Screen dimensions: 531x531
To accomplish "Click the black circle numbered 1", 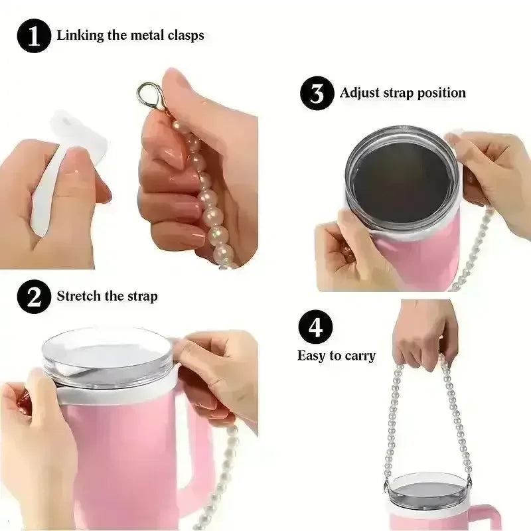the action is point(34,36).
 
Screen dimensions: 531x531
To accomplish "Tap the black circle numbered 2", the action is point(34,296).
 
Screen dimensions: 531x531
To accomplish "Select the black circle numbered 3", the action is point(317,93).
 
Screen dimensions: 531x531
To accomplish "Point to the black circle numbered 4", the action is point(315,327).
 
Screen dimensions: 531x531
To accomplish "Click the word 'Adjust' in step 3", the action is point(359,93).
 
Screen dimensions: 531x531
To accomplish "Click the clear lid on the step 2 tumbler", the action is point(108,356).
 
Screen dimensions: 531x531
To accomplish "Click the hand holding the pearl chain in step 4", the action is point(425,334).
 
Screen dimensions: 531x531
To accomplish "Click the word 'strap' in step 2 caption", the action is point(143,297).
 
